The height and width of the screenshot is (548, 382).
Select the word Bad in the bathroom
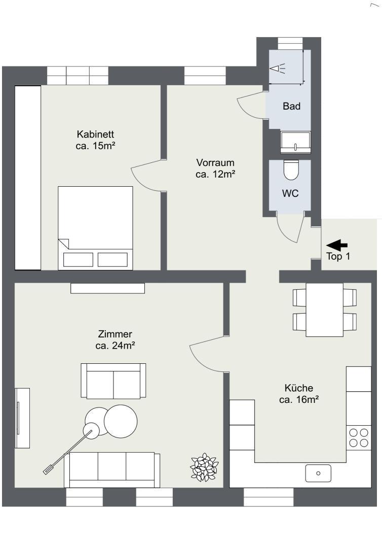(x=291, y=107)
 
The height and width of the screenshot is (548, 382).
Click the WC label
(x=290, y=193)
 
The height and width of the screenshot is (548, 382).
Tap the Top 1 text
(x=338, y=257)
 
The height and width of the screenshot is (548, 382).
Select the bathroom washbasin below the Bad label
(x=296, y=142)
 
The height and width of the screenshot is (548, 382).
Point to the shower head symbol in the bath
(x=278, y=68)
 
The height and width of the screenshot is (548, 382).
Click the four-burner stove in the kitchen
(x=359, y=437)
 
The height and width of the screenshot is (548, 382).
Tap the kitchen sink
(x=318, y=473)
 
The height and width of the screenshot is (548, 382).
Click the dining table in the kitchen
(x=324, y=310)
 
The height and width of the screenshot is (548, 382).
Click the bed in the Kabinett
(x=95, y=228)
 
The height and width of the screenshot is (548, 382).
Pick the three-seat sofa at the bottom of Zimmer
(x=111, y=469)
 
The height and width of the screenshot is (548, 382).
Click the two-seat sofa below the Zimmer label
(x=113, y=381)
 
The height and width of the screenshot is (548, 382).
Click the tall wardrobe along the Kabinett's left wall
(x=27, y=178)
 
